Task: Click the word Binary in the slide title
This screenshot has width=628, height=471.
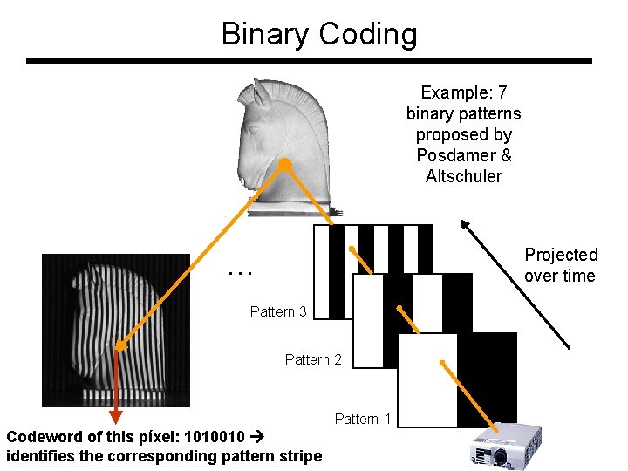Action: [x=266, y=35]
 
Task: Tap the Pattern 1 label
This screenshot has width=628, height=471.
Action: [x=363, y=420]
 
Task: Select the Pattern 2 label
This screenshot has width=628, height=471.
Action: [x=313, y=359]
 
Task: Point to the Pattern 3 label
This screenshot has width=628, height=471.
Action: [x=278, y=311]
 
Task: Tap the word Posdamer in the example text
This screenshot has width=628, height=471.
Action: [x=463, y=155]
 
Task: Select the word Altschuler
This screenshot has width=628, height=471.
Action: [x=463, y=176]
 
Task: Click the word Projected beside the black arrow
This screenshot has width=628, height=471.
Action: [x=561, y=255]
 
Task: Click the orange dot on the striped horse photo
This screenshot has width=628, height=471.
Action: [x=121, y=346]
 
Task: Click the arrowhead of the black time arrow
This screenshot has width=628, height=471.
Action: [x=465, y=223]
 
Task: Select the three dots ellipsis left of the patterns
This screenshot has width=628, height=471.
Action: [x=239, y=272]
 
